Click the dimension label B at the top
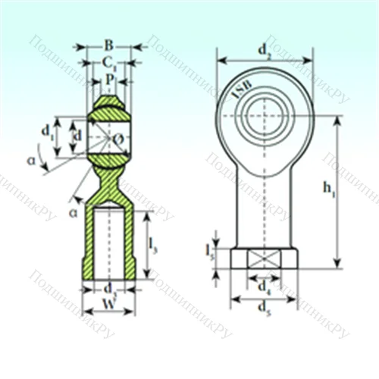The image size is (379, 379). [x=108, y=44]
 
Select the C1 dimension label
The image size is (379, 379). [x=109, y=61]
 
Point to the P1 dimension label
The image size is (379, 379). [x=111, y=78]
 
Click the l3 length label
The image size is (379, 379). [x=153, y=245]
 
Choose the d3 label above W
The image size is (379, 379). [x=109, y=289]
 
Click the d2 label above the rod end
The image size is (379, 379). [x=264, y=52]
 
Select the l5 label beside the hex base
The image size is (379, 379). [x=210, y=250]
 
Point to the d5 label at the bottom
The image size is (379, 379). [x=264, y=308]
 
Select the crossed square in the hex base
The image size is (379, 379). [x=264, y=258]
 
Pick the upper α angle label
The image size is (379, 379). [x=32, y=160]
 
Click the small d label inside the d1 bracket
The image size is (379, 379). [x=77, y=136]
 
